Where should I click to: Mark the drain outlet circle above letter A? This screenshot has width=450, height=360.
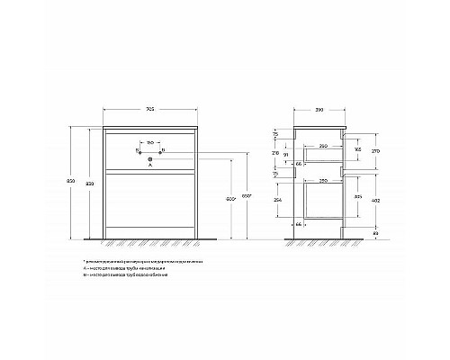coord(150,158)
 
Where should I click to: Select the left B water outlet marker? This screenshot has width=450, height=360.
coord(137,149)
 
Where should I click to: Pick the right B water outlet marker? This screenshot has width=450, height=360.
coord(163,149)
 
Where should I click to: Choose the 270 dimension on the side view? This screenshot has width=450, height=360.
coord(373,153)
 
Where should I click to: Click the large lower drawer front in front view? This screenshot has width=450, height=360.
coord(150,205)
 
